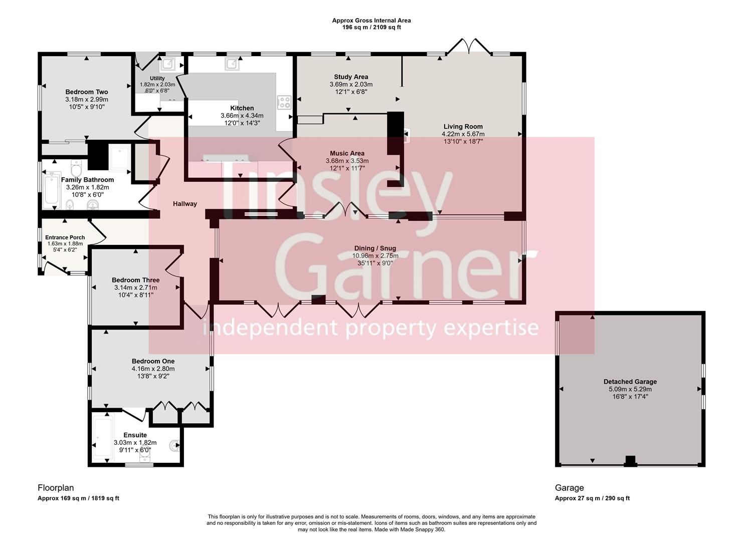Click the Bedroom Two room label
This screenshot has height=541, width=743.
click(87, 92)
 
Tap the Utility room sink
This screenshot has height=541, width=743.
click(166, 64)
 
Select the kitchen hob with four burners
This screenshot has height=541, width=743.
click(284, 102)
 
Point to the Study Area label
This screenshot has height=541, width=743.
click(351, 77)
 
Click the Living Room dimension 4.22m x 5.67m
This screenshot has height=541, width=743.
click(463, 134)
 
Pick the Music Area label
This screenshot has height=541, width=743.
click(347, 153)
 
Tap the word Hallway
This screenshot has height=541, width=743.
click(185, 204)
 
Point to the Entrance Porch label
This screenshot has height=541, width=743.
click(65, 237)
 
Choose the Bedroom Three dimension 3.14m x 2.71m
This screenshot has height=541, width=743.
click(135, 288)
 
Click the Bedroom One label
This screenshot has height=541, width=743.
click(153, 361)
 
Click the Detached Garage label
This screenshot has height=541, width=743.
click(630, 381)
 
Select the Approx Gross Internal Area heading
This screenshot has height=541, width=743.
click(371, 21)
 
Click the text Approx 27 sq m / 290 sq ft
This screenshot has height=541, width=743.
click(592, 498)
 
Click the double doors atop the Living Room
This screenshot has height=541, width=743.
click(468, 46)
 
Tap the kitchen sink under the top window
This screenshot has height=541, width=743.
click(232, 64)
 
